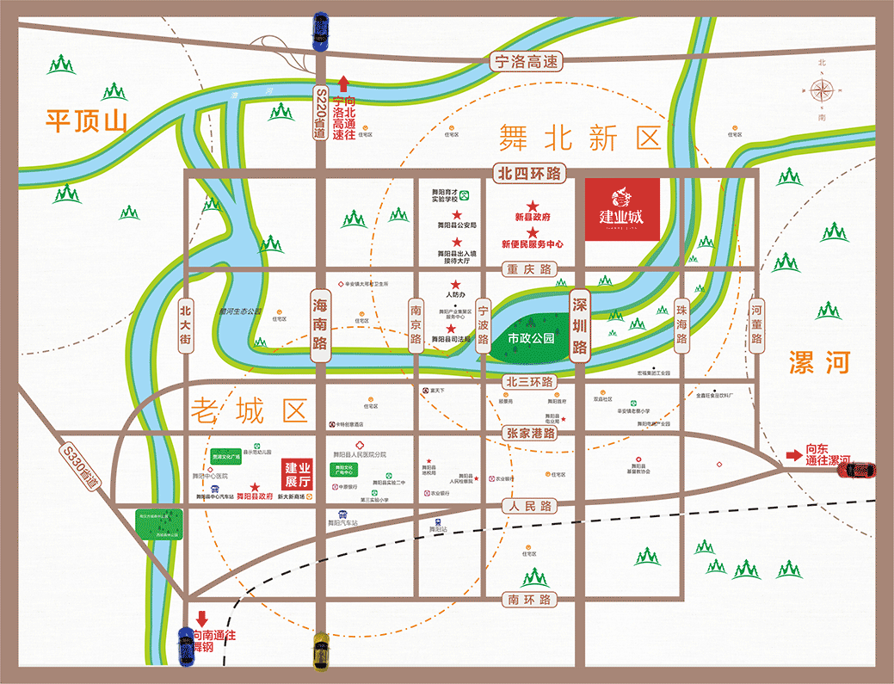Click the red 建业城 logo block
click(x=622, y=209)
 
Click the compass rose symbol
click(x=822, y=89)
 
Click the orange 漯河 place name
click(x=819, y=362)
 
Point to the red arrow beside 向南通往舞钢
click(x=202, y=619)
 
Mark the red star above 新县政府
click(x=533, y=206)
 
